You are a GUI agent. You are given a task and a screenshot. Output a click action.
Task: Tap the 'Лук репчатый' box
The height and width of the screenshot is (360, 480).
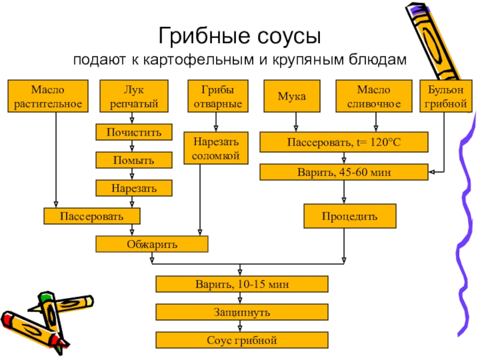pyautogui.click(x=134, y=96)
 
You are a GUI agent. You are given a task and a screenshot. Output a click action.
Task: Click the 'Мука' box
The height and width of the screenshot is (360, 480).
pyautogui.click(x=292, y=96)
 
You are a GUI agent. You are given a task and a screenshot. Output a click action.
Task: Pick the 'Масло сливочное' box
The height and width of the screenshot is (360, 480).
pyautogui.click(x=374, y=96)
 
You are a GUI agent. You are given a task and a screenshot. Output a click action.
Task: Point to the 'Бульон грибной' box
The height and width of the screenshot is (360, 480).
pyautogui.click(x=445, y=96)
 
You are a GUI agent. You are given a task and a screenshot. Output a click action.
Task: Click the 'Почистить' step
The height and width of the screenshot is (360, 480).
pyautogui.click(x=134, y=131)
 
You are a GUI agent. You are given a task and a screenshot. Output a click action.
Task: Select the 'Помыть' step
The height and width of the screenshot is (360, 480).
pyautogui.click(x=134, y=160)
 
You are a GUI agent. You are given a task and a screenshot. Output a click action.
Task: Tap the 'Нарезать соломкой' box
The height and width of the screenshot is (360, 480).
pyautogui.click(x=215, y=148)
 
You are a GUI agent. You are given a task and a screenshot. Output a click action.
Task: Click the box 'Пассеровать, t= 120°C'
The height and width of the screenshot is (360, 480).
pyautogui.click(x=344, y=143)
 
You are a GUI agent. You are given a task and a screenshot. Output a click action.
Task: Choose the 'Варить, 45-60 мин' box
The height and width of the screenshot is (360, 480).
pyautogui.click(x=344, y=172)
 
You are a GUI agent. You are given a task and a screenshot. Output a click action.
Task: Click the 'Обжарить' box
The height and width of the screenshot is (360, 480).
pyautogui.click(x=152, y=244)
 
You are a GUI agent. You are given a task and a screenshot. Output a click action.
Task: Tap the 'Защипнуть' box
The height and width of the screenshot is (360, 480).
pyautogui.click(x=242, y=312)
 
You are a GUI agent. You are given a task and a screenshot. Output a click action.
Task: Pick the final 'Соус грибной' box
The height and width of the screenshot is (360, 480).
pyautogui.click(x=242, y=341)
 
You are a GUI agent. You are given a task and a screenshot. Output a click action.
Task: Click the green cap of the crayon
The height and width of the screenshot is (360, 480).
pyautogui.click(x=46, y=296)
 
